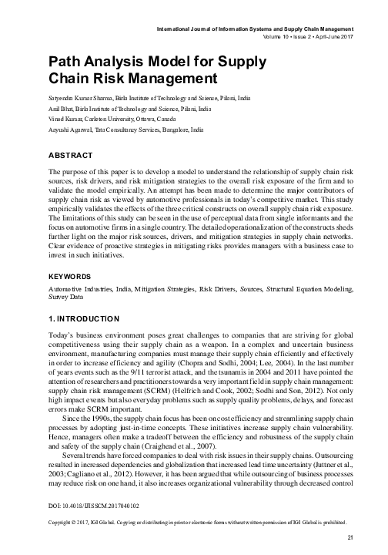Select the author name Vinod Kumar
(x=65, y=121)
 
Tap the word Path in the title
(x=64, y=60)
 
